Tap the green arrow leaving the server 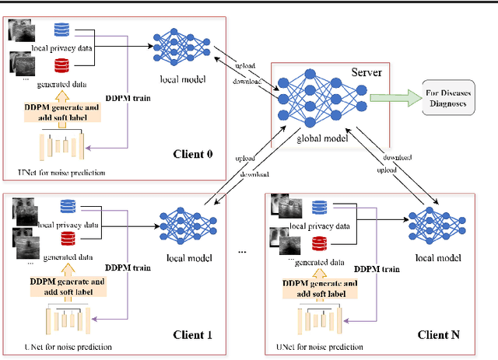click(393, 99)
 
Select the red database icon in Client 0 click(61, 65)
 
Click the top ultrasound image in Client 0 click(21, 30)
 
